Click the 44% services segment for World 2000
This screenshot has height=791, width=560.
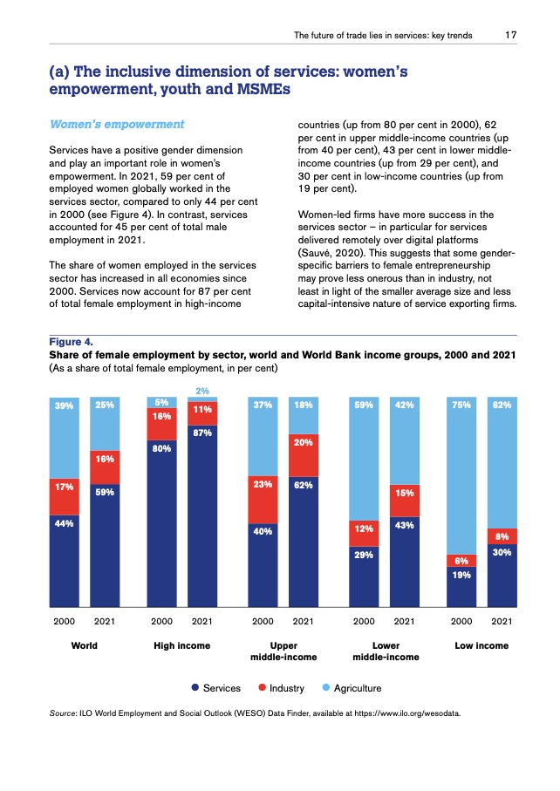click(x=65, y=563)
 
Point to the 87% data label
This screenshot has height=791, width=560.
click(x=202, y=432)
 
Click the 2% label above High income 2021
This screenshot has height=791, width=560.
click(x=201, y=390)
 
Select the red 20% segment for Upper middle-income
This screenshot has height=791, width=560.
click(x=303, y=454)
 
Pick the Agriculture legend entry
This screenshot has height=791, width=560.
click(x=350, y=688)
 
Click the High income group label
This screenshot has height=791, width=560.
click(x=181, y=645)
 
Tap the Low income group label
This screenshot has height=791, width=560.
click(x=481, y=645)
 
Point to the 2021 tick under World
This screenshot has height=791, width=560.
click(x=104, y=622)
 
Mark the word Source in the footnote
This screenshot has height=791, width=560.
click(x=65, y=713)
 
